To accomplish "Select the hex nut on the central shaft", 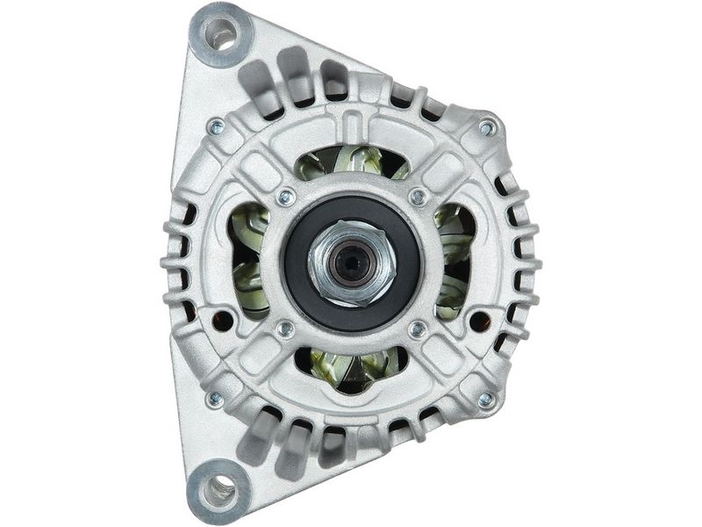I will coord(352,261).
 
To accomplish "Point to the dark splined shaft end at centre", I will coord(354,261).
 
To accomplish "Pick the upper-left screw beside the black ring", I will coord(283,197).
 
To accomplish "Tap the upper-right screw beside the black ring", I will coord(419,197).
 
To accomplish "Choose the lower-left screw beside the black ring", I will coord(283,329).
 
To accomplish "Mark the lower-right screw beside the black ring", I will coord(419,329).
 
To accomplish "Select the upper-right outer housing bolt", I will coord(486,128).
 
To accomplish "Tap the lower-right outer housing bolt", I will coord(485,400).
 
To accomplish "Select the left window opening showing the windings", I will coord(247,262).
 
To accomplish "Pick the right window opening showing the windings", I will coord(455,262).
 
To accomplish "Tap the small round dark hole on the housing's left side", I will coord(224,321).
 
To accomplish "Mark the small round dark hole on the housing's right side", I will coord(478,321).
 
